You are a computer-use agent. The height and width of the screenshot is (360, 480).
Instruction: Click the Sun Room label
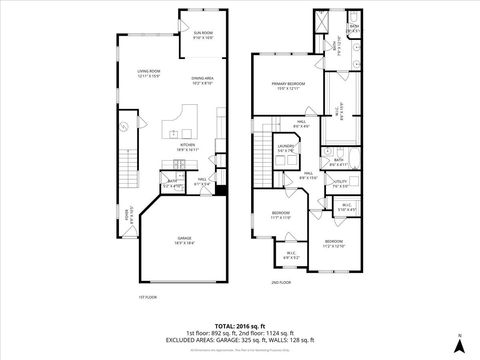click(203, 35)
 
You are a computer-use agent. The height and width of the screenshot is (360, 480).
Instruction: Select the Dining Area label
click(204, 80)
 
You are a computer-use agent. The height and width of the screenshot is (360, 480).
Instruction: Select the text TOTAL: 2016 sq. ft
click(239, 324)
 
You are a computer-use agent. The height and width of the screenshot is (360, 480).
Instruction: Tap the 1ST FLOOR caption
click(147, 297)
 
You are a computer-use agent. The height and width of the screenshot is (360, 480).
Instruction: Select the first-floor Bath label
click(173, 184)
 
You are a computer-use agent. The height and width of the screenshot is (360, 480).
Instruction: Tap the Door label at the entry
click(126, 212)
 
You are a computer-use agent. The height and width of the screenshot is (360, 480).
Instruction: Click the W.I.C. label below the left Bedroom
click(291, 255)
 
